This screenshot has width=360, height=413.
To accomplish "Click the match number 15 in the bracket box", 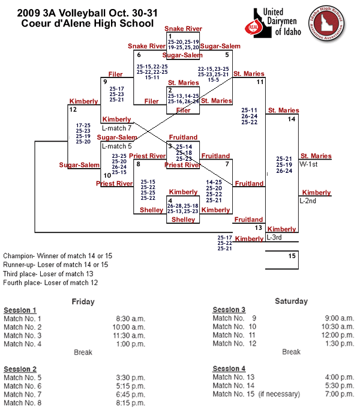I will point(292,256).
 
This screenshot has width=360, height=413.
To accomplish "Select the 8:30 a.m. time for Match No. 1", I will point(131,318).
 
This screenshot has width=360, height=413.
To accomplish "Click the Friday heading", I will point(83,301).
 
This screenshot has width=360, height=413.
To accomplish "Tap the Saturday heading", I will point(291,301).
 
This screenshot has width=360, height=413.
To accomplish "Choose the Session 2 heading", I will point(20,369).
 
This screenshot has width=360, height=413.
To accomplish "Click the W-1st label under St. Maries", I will point(309,164).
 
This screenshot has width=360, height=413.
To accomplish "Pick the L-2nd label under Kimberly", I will point(308,200).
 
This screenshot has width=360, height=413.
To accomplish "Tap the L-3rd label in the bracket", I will point(274,238).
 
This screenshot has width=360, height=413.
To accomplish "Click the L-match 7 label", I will point(116,128).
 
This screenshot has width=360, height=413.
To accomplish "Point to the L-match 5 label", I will point(116,146).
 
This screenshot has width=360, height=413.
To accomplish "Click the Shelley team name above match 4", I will point(151,210).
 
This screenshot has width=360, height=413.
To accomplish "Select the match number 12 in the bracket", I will point(73,110).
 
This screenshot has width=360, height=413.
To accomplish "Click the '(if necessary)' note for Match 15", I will point(279,394).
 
